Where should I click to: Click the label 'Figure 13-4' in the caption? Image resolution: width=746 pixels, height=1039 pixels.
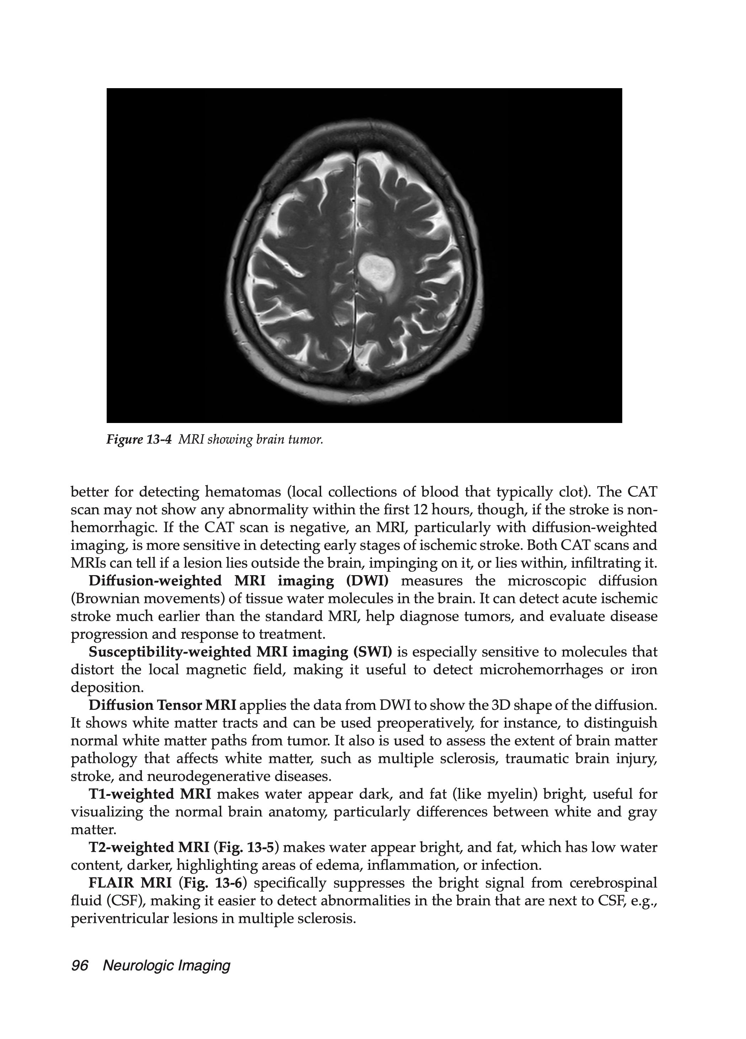click(x=138, y=440)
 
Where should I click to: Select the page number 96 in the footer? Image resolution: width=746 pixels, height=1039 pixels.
click(x=80, y=965)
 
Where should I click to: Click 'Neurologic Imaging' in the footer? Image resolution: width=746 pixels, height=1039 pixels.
click(x=166, y=965)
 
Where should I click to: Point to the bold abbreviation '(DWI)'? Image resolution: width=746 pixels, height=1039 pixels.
click(x=367, y=581)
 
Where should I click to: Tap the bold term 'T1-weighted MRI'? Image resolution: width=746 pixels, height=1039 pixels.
click(x=149, y=794)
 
